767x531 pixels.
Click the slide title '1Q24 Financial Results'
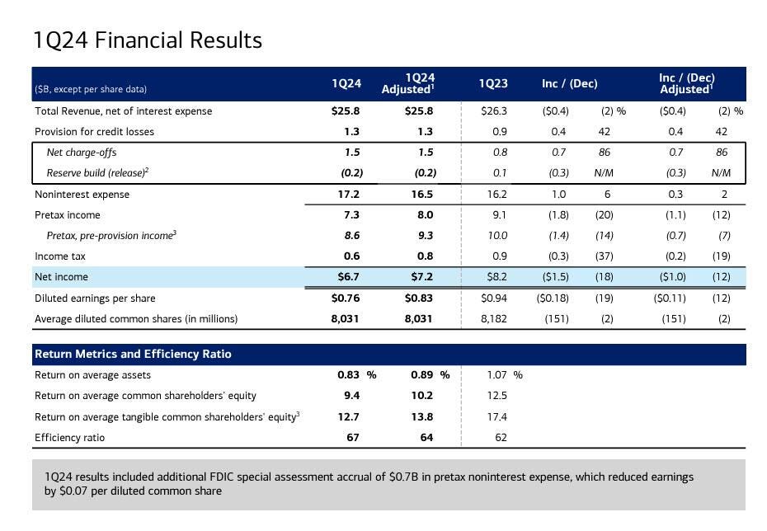coord(148,40)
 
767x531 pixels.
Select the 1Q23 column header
coord(493,84)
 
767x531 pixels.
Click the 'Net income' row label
coord(61,277)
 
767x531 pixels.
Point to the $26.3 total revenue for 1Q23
coord(494,111)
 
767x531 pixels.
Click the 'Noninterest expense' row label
coord(82,195)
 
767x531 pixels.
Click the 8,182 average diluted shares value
coord(493,319)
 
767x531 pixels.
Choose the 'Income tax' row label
coord(60,256)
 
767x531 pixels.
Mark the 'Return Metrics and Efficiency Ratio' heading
coord(133,355)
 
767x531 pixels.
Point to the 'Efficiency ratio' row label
coord(69,438)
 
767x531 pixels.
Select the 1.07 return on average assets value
coord(497,375)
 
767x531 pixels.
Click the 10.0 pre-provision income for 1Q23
coord(497,236)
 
